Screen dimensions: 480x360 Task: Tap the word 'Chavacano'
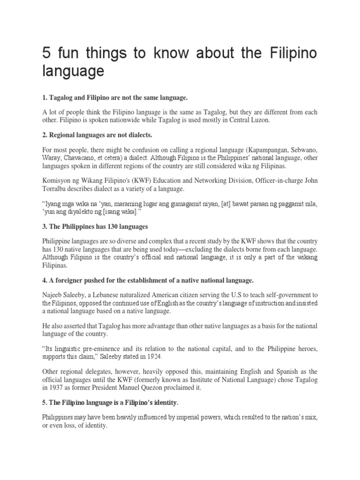coord(80,158)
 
